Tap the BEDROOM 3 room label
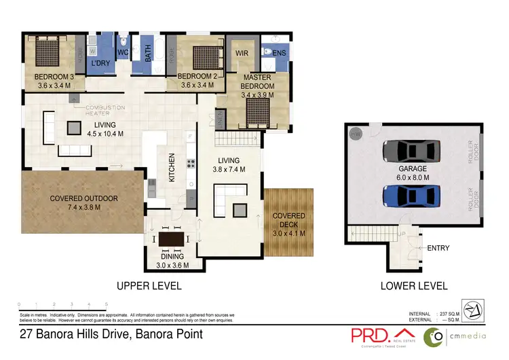pyautogui.click(x=59, y=77)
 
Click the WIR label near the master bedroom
pyautogui.click(x=243, y=52)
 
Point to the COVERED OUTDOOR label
pyautogui.click(x=84, y=198)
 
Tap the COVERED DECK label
pyautogui.click(x=289, y=220)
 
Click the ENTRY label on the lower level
pyautogui.click(x=438, y=248)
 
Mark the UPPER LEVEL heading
pyautogui.click(x=149, y=286)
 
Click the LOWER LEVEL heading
pyautogui.click(x=414, y=286)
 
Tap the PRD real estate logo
pyautogui.click(x=371, y=335)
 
